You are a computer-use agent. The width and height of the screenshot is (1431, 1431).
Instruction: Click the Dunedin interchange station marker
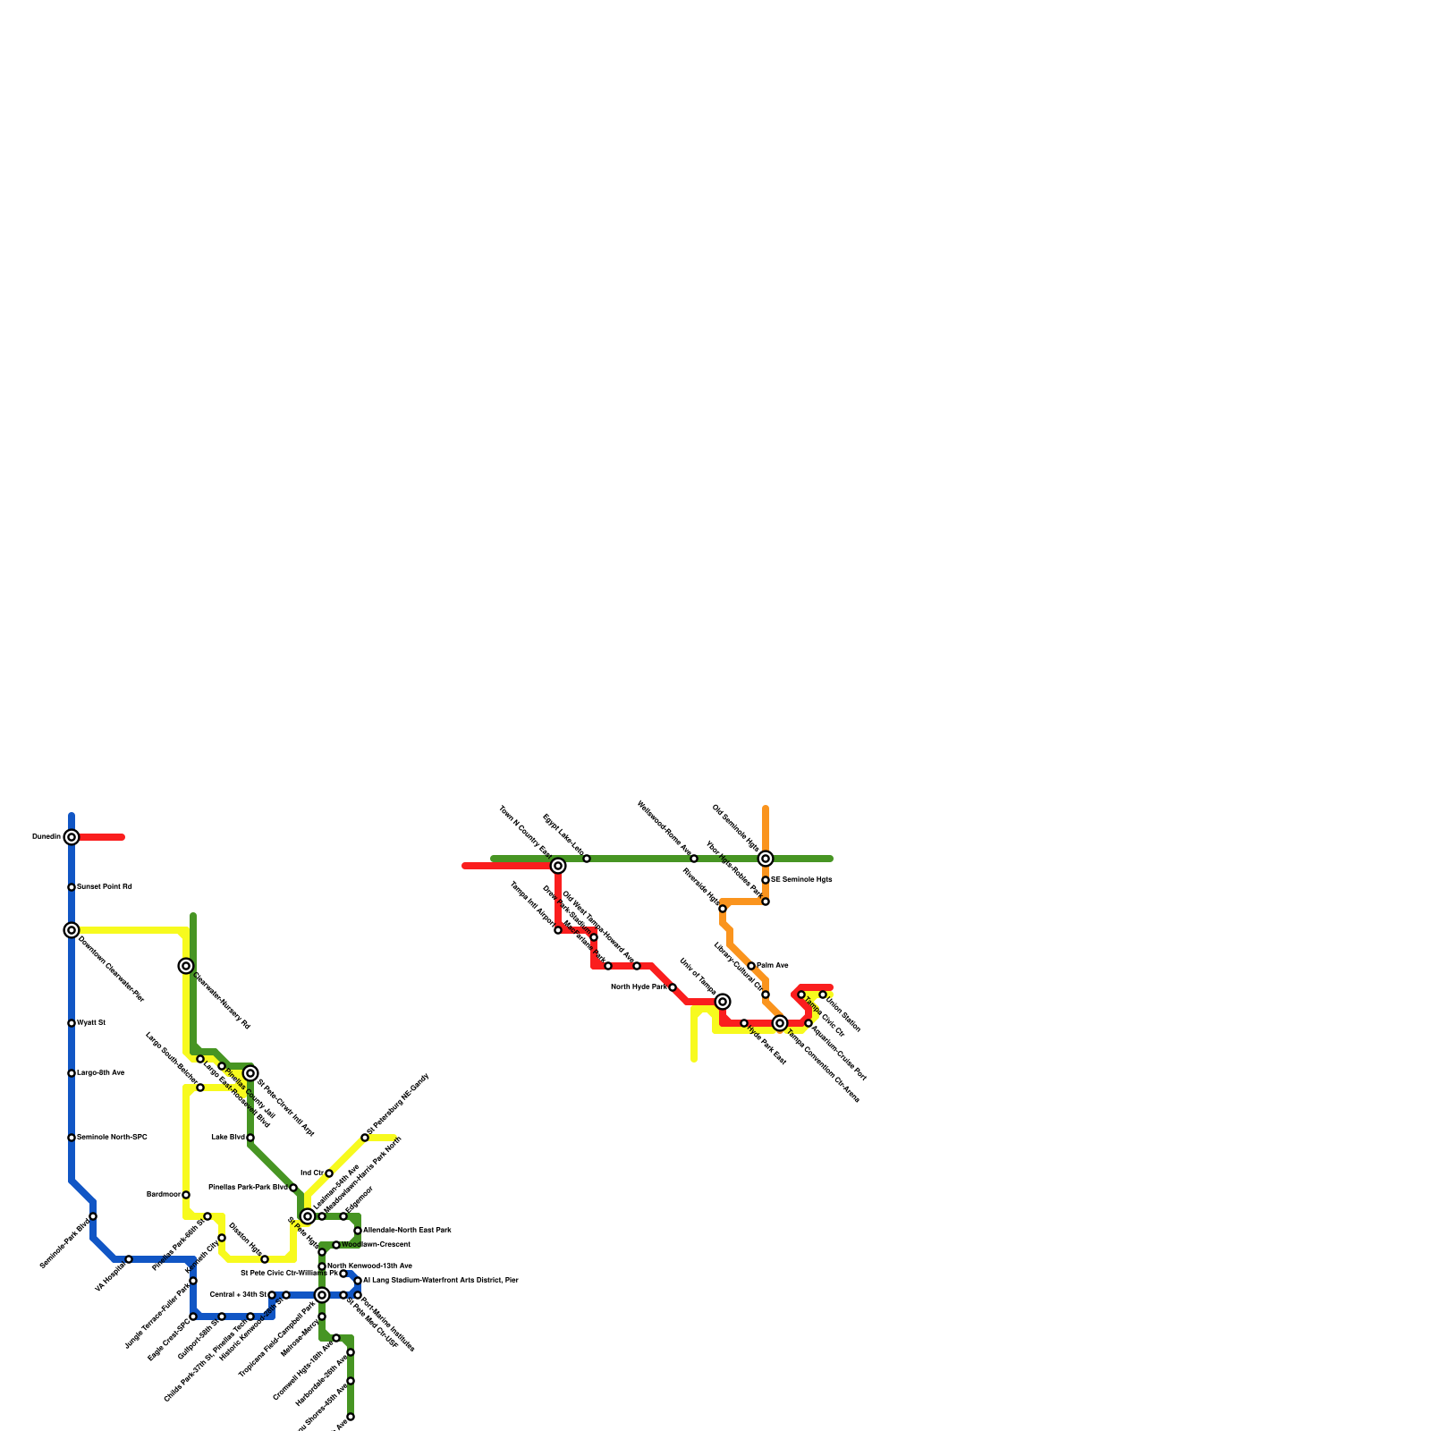pos(72,837)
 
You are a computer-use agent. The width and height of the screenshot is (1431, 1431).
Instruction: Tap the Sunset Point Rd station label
pos(105,887)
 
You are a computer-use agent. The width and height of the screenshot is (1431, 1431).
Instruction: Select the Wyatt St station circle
pos(72,1023)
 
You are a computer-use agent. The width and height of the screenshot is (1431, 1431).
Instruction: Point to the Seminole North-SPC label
pos(112,1138)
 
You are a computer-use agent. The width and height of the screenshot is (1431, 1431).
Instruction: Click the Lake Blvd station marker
pos(250,1138)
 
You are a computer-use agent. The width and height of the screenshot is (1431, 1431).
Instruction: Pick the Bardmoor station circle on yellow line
pos(186,1195)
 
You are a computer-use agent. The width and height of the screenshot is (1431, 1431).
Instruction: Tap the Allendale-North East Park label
pos(407,1231)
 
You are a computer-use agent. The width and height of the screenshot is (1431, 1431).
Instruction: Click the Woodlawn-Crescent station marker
pos(336,1245)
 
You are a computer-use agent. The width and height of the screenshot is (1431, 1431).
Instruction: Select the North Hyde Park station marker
pos(673,987)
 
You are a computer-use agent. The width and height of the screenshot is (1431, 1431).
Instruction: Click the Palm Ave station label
pos(773,966)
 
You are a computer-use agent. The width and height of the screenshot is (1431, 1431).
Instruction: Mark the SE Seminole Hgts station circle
pos(766,880)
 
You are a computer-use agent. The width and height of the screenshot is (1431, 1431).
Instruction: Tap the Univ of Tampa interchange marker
pos(723,1002)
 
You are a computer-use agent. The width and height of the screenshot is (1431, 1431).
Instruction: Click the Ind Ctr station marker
pos(329,1173)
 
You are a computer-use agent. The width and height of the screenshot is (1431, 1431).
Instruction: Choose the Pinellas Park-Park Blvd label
pos(248,1188)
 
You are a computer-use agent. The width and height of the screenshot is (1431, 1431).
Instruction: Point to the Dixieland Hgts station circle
pos(265,1259)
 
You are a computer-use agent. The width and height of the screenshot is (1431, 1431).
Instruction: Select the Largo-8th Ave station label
pos(101,1073)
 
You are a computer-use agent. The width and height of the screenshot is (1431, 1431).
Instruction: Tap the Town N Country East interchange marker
pos(558,866)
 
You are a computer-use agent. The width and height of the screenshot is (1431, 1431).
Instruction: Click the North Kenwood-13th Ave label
pos(369,1266)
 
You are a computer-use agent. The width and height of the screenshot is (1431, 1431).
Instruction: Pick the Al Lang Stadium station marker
pos(358,1281)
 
